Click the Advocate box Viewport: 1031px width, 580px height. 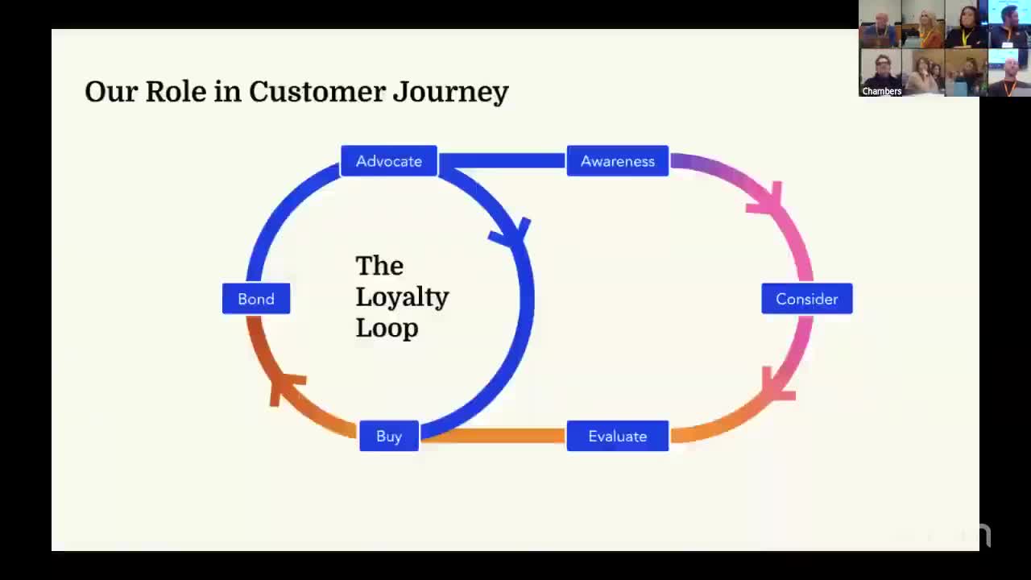coord(389,161)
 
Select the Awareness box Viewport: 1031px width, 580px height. coord(618,161)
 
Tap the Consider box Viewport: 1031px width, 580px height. coord(806,299)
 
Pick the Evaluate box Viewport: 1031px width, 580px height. coord(618,436)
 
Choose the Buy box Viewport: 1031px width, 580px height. coord(389,436)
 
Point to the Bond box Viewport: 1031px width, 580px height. coord(256,299)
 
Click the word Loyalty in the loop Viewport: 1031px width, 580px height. coord(402,297)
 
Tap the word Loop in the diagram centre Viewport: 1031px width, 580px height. coord(387,328)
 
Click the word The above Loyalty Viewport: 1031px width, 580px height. coord(379,266)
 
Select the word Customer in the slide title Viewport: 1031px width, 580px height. coord(317,91)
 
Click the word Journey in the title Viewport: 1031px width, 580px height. coord(450,93)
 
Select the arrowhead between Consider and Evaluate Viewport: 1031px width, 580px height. coord(776,386)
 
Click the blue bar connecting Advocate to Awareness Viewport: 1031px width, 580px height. coord(502,160)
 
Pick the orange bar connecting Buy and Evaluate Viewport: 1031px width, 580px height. coord(493,436)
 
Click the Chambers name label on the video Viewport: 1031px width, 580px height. coord(881,91)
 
